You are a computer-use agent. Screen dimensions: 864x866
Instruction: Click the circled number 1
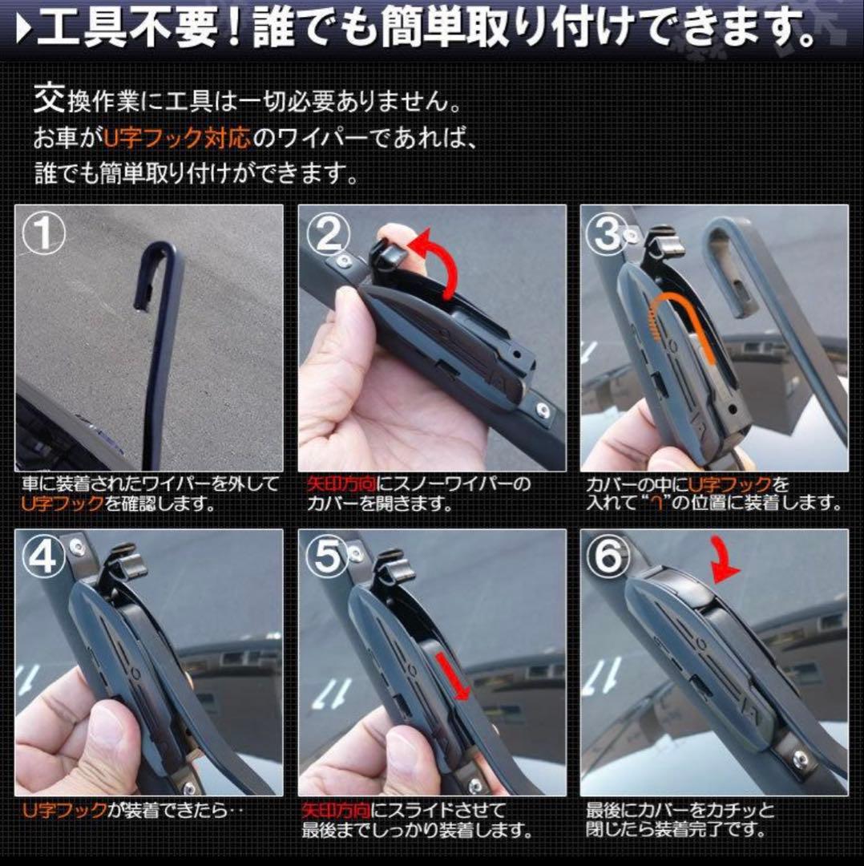click(x=43, y=233)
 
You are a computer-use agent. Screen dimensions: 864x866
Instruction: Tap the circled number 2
click(x=329, y=234)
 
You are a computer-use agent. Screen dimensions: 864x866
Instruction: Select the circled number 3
click(x=608, y=233)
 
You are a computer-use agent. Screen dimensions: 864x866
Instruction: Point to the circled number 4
click(x=43, y=556)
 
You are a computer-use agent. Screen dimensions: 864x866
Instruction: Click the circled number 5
click(x=329, y=556)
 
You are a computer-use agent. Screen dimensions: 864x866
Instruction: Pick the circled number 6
click(x=608, y=556)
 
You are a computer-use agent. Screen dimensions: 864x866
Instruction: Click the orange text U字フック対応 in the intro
click(x=177, y=138)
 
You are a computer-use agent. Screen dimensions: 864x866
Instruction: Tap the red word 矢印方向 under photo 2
click(x=341, y=484)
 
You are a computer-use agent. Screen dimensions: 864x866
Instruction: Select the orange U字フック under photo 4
click(x=65, y=810)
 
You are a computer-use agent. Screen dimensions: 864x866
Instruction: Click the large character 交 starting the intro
click(x=49, y=99)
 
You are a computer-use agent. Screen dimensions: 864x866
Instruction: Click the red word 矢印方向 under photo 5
click(x=336, y=810)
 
